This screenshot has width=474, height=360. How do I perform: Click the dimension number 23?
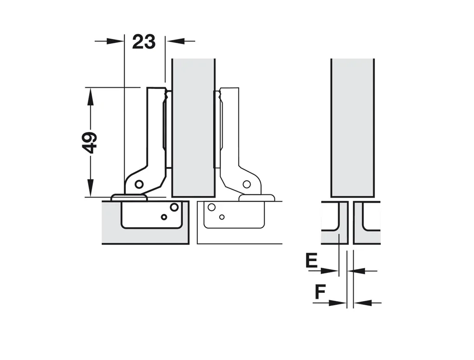tap(143, 42)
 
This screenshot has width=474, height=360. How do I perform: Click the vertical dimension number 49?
tap(89, 142)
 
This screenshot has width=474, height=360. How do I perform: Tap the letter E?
tap(312, 261)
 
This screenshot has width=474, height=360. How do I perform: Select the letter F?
tap(320, 292)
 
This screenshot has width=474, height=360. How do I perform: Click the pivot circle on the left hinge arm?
tap(139, 184)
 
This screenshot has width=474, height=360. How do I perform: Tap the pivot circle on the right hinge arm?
tap(247, 184)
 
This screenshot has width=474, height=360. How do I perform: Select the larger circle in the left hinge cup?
tap(174, 207)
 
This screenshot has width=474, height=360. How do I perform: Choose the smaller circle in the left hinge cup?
tap(163, 217)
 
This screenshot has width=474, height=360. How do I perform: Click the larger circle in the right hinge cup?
tap(212, 207)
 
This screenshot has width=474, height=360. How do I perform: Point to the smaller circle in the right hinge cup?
tap(222, 217)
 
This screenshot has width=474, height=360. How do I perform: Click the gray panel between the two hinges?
tap(193, 128)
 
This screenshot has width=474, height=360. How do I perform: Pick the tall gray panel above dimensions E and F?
tap(353, 128)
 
